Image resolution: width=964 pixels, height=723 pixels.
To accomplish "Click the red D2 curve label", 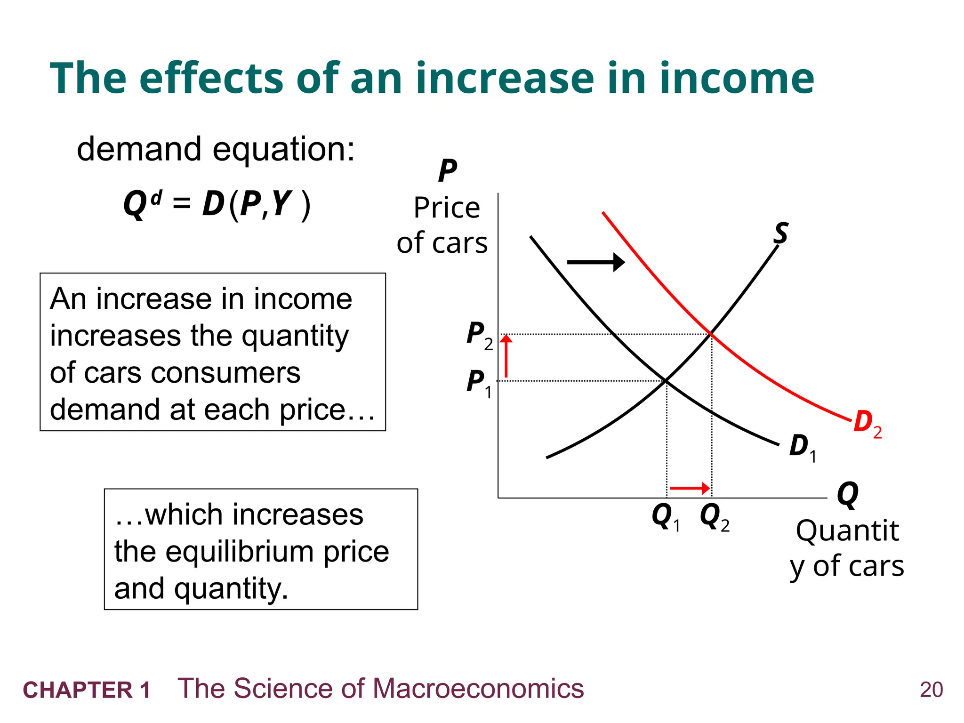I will pos(867,423).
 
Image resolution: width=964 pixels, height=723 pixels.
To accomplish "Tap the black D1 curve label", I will pos(802,447).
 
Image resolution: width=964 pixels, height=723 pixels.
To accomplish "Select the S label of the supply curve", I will pos(781,233).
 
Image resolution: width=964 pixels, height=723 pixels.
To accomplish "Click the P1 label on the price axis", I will pos(478,383).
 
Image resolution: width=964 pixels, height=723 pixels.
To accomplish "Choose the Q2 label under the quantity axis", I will pos(714,517).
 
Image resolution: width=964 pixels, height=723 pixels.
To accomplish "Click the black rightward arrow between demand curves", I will pos(596,262).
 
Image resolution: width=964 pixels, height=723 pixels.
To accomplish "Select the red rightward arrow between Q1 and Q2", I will pos(690,489).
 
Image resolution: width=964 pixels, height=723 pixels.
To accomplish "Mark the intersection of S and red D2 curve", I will pos(711,334).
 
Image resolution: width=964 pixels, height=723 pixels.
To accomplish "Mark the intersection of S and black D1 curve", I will pos(667,380).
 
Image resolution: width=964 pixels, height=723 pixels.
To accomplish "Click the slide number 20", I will pos(931,690).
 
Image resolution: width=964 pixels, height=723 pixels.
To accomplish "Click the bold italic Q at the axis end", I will pos(847,495).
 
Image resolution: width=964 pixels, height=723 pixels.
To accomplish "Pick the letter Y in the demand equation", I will pos(282,204).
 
